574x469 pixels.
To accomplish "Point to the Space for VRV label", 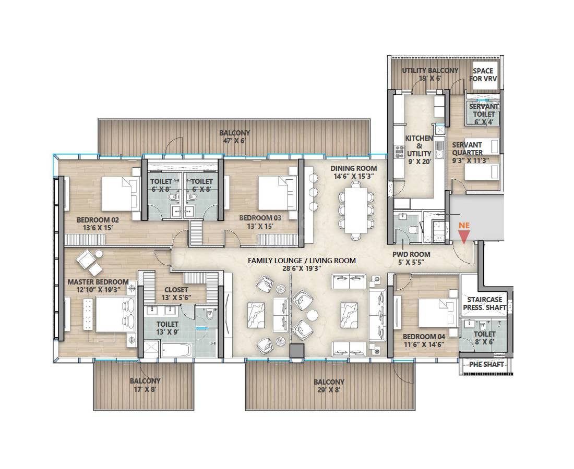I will click(483, 75).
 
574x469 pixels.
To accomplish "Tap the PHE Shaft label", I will click(486, 364).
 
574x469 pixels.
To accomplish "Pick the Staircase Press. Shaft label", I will click(484, 303).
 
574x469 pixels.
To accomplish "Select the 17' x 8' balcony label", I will click(145, 385).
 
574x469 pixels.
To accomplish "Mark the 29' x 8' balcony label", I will click(329, 386).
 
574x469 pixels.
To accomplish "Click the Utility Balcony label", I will click(430, 74).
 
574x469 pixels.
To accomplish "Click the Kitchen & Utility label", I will click(419, 146).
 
